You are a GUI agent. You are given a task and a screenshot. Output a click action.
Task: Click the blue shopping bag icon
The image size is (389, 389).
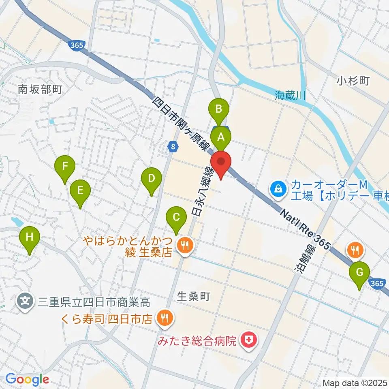pyautogui.click(x=279, y=188)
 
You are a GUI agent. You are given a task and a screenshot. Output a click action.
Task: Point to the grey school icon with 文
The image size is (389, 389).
pyautogui.click(x=25, y=302)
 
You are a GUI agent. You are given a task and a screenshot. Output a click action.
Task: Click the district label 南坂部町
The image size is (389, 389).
pyautogui.click(x=40, y=90)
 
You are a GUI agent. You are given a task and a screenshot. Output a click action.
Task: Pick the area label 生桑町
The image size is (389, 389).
pyautogui.click(x=194, y=297)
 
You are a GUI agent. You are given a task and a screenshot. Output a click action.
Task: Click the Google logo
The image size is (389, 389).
pyautogui.click(x=27, y=379)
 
